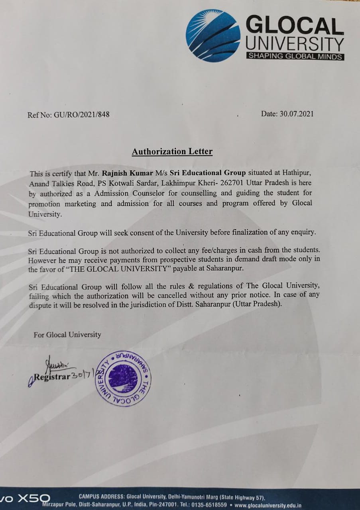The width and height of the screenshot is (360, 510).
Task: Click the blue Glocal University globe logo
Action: click(x=213, y=35)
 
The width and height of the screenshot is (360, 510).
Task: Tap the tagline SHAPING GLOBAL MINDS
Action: click(x=295, y=56)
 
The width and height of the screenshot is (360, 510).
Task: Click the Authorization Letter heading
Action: click(x=172, y=151)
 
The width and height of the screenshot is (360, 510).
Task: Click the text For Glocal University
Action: click(x=67, y=335)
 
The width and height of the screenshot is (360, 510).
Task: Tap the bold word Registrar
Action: click(x=52, y=377)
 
